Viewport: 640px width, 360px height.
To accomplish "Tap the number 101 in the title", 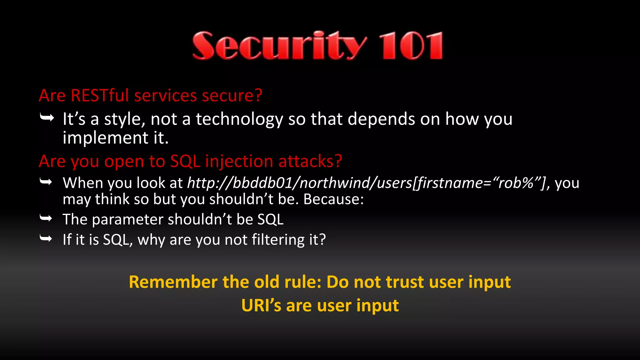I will tap(411, 46).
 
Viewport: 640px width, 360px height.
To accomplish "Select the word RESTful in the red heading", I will tap(100, 95).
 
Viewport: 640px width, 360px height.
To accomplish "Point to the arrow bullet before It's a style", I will tap(47, 118).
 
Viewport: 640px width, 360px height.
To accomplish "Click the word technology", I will tap(239, 120).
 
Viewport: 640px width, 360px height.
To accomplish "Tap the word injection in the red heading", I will tap(239, 162).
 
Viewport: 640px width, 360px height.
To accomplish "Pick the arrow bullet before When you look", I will tap(46, 182).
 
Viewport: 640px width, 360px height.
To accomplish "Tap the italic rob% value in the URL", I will tap(515, 183).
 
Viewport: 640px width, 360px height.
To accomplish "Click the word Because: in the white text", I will tap(333, 199).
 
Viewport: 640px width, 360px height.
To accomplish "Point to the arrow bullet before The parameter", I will tap(46, 218).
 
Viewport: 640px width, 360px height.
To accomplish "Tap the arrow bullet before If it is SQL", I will tap(46, 239).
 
